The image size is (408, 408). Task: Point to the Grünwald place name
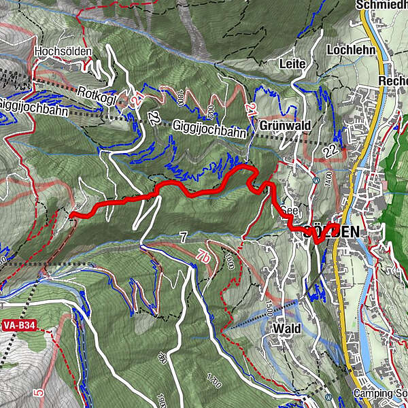[x=285, y=126]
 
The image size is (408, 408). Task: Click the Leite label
[x=293, y=63]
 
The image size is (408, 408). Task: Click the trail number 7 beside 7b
[x=183, y=237]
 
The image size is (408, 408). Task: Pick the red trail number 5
[x=39, y=392]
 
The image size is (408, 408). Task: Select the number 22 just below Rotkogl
[x=154, y=120]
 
